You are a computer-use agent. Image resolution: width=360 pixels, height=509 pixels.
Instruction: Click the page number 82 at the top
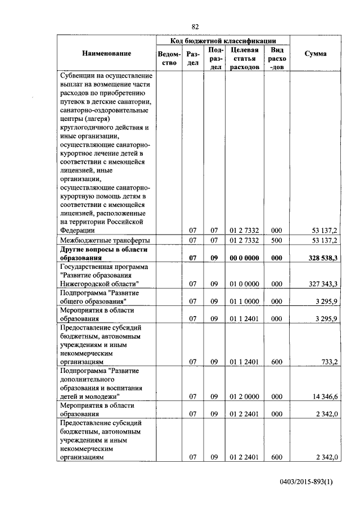[x=195, y=26]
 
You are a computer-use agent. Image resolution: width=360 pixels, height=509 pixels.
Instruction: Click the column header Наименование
[x=106, y=53]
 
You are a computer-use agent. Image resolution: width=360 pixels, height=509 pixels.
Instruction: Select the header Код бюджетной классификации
[x=223, y=41]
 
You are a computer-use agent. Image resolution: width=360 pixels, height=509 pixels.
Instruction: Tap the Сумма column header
[x=315, y=53]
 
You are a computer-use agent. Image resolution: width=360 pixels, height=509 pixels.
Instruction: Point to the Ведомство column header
[x=169, y=58]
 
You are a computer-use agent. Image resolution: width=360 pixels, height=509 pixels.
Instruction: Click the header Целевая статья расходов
[x=244, y=58]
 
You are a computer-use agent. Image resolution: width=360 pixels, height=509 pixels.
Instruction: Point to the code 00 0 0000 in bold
[x=244, y=258]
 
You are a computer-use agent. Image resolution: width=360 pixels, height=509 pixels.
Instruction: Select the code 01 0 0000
[x=244, y=284]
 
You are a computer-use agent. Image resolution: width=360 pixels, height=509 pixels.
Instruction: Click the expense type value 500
[x=276, y=240]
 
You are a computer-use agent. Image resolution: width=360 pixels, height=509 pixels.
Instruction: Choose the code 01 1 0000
[x=244, y=301]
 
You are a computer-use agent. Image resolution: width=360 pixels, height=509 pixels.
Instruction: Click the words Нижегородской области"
[x=100, y=284]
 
